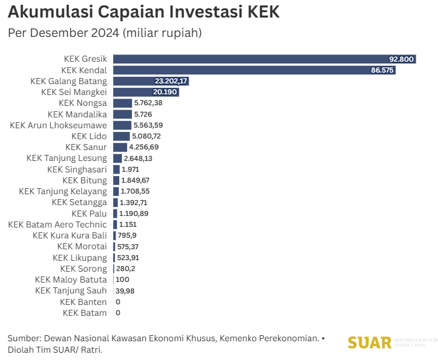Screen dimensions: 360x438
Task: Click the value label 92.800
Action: click(401, 59)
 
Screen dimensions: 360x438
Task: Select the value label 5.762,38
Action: click(149, 103)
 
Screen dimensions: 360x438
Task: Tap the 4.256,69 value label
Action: click(145, 147)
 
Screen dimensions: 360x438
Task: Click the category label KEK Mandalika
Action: click(77, 114)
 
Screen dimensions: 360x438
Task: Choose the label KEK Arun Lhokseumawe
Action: click(59, 125)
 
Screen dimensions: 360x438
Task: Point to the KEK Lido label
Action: click(89, 136)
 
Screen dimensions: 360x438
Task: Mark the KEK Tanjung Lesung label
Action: click(67, 158)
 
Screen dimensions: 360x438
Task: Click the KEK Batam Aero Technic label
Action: click(57, 224)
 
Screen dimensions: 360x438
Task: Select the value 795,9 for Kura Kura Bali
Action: click(128, 235)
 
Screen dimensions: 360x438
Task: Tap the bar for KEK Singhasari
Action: click(116, 169)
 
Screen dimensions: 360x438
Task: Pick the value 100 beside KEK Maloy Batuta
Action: click(122, 280)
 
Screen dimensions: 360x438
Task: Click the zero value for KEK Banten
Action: click(117, 302)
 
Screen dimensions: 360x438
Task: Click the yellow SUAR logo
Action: click(370, 343)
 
